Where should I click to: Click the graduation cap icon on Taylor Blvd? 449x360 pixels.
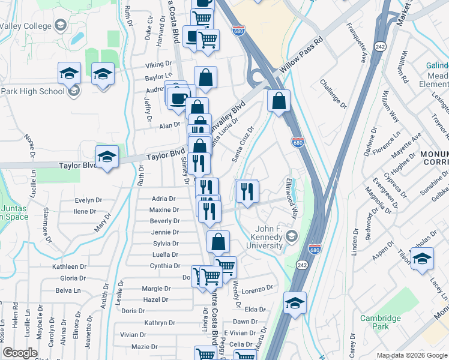[x=107, y=157]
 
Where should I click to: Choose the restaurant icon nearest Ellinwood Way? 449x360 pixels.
[x=247, y=191]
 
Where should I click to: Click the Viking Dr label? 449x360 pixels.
[x=158, y=65]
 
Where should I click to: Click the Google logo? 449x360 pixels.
[x=20, y=353]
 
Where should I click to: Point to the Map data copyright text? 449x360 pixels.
[x=411, y=355]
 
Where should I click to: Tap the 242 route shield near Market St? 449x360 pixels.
[x=380, y=46]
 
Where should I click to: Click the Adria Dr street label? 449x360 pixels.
[x=163, y=199]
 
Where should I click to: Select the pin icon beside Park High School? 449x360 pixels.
[x=74, y=91]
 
